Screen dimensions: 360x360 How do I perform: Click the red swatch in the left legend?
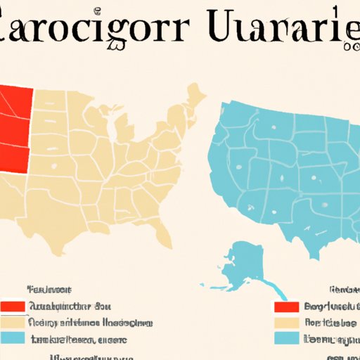(13, 307)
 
